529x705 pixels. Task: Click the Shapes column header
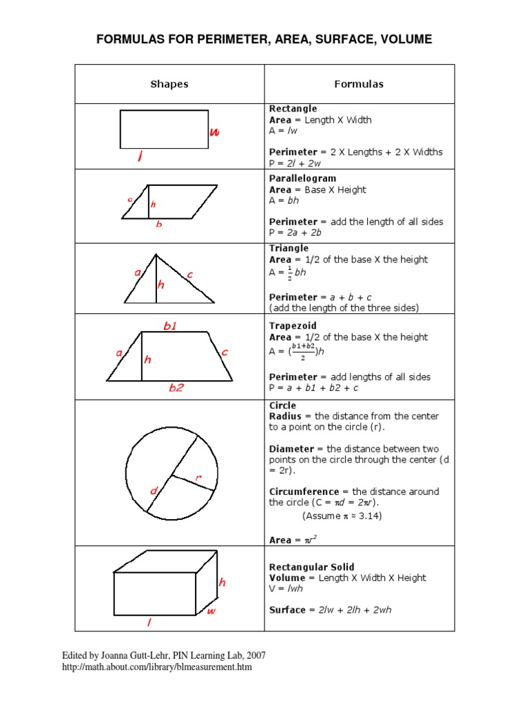(x=169, y=84)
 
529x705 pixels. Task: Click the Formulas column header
(x=359, y=84)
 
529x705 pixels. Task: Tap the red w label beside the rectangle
(x=215, y=133)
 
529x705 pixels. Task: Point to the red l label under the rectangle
(x=140, y=158)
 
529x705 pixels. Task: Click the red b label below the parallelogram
(x=159, y=224)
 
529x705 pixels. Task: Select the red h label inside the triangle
(x=161, y=284)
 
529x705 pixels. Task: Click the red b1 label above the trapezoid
(x=170, y=326)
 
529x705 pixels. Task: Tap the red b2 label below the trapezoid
(x=177, y=388)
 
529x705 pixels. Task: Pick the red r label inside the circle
(x=198, y=476)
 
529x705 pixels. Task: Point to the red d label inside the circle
(x=154, y=491)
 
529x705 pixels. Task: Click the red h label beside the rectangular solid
(x=222, y=582)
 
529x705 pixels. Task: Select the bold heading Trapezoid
(x=293, y=326)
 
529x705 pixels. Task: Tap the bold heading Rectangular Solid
(x=311, y=567)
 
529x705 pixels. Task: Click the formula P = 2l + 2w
(x=295, y=163)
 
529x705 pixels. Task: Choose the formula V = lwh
(x=286, y=589)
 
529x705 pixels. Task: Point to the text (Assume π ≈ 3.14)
(x=342, y=516)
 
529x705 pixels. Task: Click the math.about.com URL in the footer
(x=157, y=667)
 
